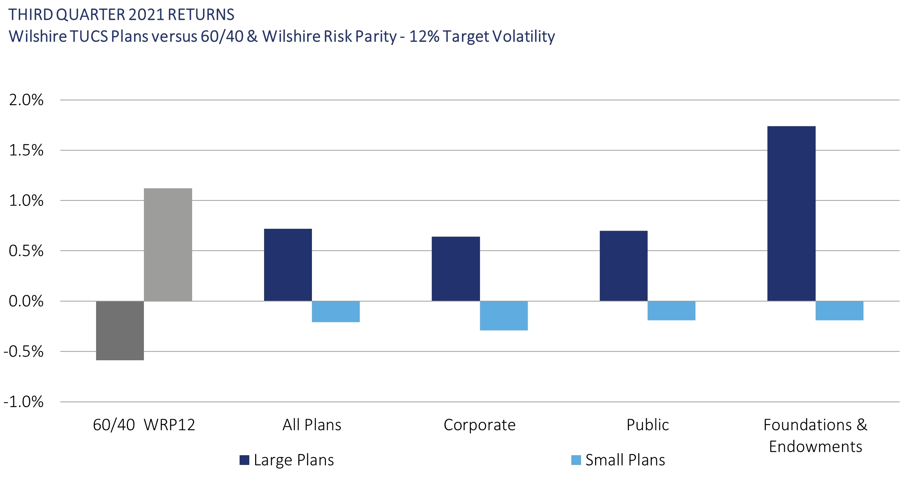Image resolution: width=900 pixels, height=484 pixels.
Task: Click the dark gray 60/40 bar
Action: coord(120,330)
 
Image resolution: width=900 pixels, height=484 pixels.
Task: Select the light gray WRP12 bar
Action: coord(168,245)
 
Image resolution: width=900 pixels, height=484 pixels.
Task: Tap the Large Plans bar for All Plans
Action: coord(288,265)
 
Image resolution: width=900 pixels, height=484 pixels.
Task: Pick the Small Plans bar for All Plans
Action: coord(336,312)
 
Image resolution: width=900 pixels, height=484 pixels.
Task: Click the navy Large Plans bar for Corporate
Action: coord(455,269)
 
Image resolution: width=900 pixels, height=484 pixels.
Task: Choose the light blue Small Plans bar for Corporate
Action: coord(504,316)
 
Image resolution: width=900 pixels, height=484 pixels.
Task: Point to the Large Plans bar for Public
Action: coord(623,266)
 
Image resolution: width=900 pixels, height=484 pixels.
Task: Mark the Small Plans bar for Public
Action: coord(671,311)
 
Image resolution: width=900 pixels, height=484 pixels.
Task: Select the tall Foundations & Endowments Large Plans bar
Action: coord(791,214)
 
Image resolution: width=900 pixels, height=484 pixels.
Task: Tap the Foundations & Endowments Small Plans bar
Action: coord(839,311)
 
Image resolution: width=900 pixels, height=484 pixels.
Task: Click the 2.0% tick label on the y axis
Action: coord(26,100)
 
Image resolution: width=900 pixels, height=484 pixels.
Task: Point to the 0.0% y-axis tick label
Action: coord(26,301)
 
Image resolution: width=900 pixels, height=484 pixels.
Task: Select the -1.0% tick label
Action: coord(23,402)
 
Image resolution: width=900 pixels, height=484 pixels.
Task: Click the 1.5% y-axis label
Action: coord(26,150)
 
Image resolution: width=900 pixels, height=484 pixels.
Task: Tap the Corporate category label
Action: coord(480,425)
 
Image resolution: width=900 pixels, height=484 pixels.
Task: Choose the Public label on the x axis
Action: coord(648,425)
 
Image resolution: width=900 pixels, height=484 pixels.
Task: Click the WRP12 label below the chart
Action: coord(169,425)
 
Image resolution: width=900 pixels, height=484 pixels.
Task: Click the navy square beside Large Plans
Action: coord(244,460)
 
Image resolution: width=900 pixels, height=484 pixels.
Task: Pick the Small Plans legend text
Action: coord(625,460)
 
